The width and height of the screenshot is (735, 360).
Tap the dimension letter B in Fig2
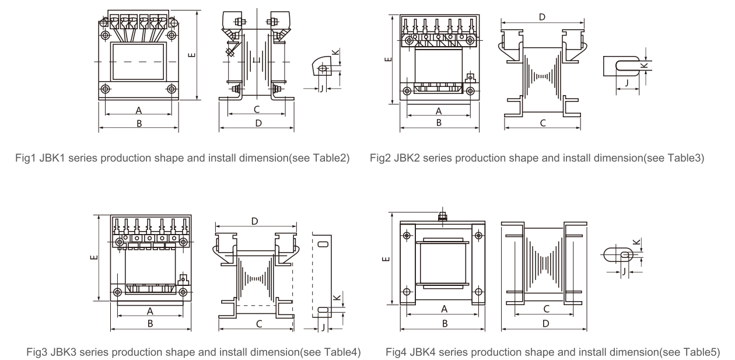tap(439, 121)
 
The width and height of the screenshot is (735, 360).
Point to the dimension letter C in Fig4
tap(545, 308)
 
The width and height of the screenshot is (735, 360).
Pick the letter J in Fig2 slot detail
tap(626, 83)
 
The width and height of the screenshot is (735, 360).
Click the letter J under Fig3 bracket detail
tap(323, 327)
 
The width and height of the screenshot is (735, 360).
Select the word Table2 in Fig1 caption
tap(324, 158)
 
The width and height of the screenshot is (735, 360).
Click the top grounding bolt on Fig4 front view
tap(442, 217)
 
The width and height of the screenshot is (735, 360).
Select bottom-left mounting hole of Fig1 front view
tap(106, 89)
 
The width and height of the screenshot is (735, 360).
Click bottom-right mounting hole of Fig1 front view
tap(171, 89)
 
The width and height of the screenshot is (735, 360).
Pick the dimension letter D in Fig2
tap(542, 18)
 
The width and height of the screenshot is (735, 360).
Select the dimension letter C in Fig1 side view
tap(256, 109)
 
